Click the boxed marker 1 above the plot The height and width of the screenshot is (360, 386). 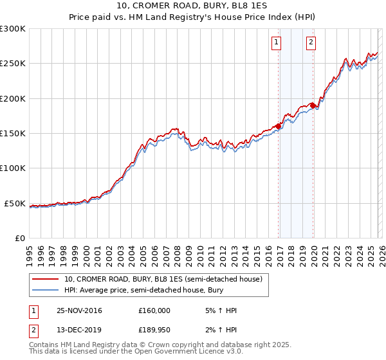point(276,43)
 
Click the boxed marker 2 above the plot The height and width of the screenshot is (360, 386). point(311,43)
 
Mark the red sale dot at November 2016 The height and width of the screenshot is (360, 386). point(279,126)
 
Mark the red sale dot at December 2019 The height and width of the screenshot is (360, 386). point(313,105)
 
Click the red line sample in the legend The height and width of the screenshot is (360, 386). point(46,280)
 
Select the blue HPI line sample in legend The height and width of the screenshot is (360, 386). point(46,291)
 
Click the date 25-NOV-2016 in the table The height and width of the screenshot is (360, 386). point(79,310)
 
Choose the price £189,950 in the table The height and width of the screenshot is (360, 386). point(154,332)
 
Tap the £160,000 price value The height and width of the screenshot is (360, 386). point(154,310)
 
